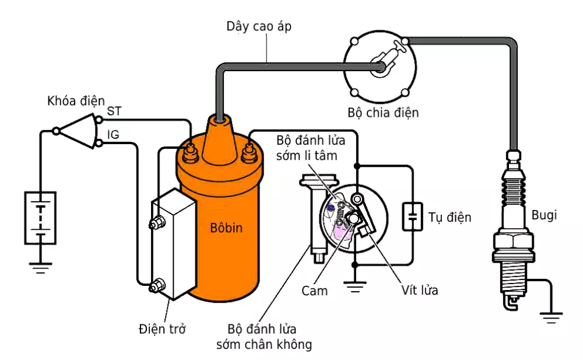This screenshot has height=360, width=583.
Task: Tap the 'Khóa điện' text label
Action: [x=76, y=101]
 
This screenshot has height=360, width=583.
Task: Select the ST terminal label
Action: [x=115, y=111]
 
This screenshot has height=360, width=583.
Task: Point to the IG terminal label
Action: [x=113, y=135]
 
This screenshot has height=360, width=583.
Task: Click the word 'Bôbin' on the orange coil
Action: [x=226, y=228]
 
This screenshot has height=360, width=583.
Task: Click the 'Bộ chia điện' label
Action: [x=384, y=113]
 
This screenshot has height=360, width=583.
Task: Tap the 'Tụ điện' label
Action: [x=449, y=217]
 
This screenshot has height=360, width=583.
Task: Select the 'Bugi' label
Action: [x=544, y=215]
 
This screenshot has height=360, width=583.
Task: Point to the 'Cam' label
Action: [x=315, y=290]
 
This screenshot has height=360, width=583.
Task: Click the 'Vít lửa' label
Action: [x=420, y=290]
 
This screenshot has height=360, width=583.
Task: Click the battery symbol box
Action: [x=40, y=217]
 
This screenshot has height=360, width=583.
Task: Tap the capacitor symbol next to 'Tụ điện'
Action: [x=412, y=216]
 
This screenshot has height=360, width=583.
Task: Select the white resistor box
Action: [x=174, y=244]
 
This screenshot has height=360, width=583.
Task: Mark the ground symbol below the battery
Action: [x=40, y=268]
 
